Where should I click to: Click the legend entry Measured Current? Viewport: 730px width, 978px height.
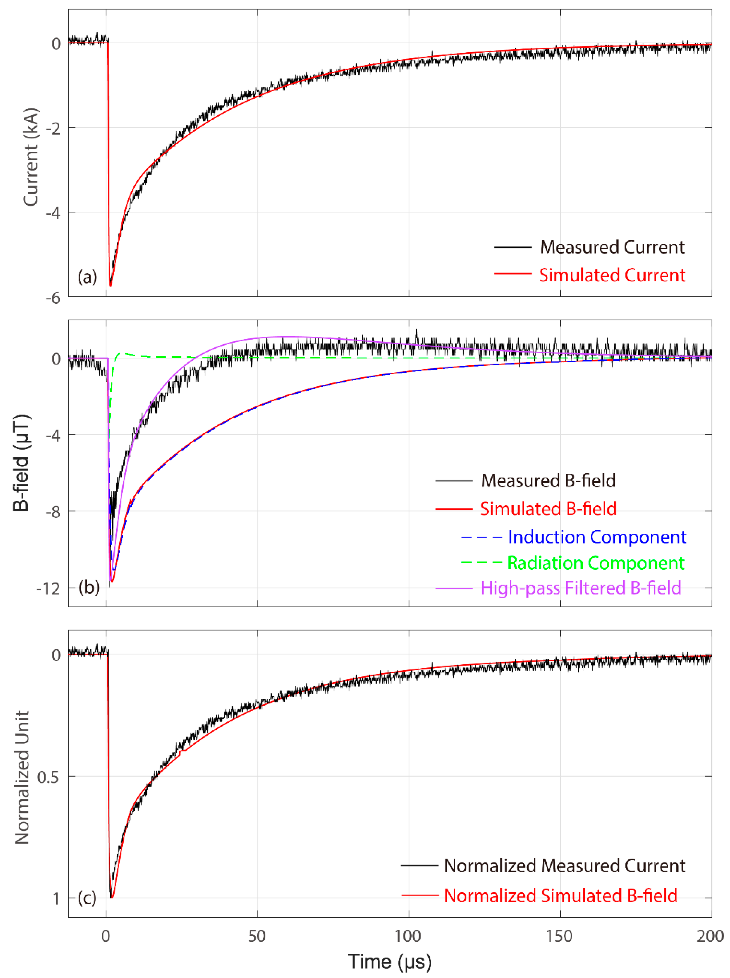[x=612, y=247]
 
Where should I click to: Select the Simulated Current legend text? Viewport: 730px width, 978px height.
[x=612, y=275]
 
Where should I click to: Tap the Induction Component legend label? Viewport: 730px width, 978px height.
[x=597, y=537]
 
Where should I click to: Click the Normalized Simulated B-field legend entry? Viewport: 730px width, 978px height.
[x=560, y=896]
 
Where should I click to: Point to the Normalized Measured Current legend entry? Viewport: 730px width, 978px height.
[x=564, y=866]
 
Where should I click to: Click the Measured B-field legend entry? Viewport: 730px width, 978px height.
[x=548, y=481]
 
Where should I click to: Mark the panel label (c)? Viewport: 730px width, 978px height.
[x=87, y=898]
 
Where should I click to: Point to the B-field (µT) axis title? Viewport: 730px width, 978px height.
[x=21, y=463]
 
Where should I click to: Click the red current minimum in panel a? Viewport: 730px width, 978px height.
[x=110, y=285]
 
